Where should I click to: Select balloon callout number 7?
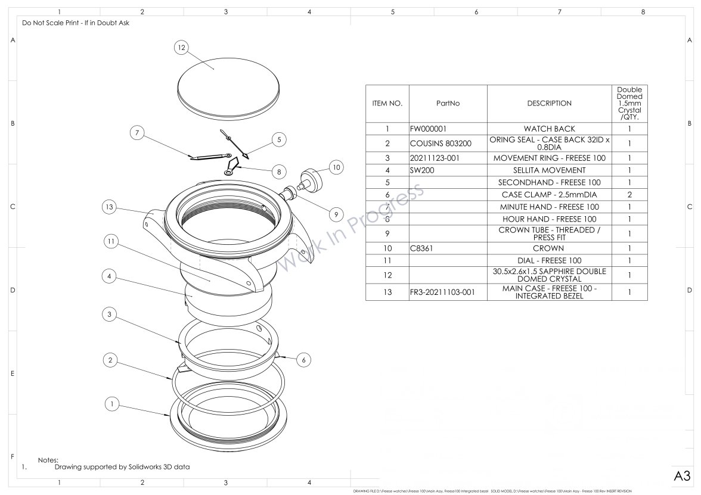click(x=137, y=133)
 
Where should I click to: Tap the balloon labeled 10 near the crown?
click(x=336, y=167)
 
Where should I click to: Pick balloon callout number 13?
click(x=108, y=207)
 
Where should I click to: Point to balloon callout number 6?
click(x=303, y=360)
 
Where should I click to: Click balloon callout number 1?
click(x=111, y=403)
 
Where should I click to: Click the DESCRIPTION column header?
click(x=549, y=103)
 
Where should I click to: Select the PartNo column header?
click(x=448, y=103)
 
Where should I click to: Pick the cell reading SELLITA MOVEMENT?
click(x=549, y=170)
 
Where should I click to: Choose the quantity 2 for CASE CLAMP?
click(x=629, y=195)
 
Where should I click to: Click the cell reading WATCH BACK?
click(x=549, y=129)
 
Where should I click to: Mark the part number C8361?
click(x=422, y=248)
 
